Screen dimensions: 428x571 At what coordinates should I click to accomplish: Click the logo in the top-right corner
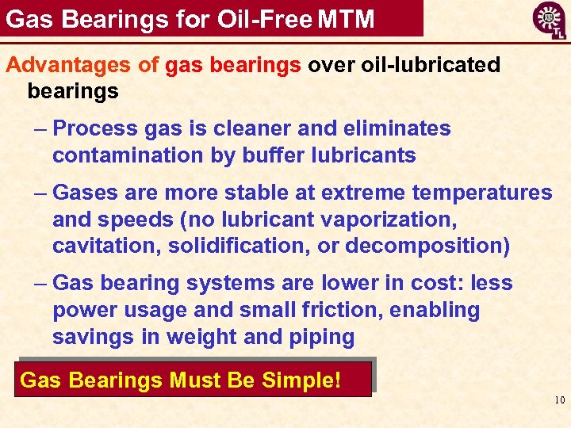(548, 20)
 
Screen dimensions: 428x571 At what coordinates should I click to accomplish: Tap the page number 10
(559, 400)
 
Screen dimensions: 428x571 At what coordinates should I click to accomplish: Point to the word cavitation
(107, 246)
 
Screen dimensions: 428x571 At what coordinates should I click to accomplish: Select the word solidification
(240, 246)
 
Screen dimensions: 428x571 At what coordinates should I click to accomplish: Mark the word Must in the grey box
(197, 380)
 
